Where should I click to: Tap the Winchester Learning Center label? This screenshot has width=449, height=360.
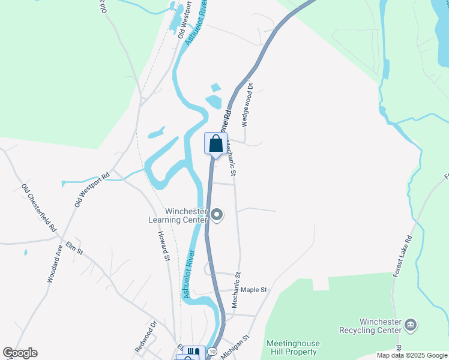(178, 215)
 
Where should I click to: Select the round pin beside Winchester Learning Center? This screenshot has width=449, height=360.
(217, 215)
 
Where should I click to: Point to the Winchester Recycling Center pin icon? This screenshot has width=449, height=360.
(411, 325)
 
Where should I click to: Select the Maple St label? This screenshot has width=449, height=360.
(255, 290)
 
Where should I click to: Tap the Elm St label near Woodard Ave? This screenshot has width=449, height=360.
(74, 248)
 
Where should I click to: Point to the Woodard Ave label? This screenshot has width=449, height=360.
(55, 265)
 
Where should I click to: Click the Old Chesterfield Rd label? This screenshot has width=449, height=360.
(38, 208)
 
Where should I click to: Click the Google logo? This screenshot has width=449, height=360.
(20, 353)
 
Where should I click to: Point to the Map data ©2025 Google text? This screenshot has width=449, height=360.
(412, 355)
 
